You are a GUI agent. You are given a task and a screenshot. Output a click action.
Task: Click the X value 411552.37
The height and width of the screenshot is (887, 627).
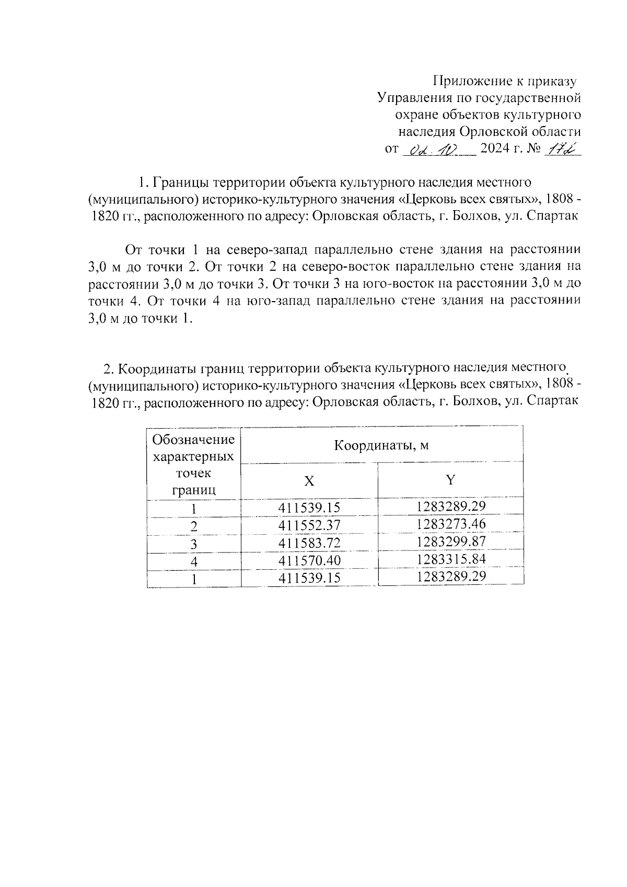tap(309, 525)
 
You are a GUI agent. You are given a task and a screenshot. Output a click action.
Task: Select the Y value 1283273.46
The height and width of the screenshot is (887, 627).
tap(451, 524)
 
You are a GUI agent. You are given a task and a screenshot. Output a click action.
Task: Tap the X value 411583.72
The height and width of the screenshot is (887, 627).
tap(309, 543)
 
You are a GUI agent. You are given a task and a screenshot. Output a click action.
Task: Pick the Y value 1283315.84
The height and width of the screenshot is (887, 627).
tap(451, 559)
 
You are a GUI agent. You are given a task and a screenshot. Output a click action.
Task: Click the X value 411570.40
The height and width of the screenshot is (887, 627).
tap(309, 561)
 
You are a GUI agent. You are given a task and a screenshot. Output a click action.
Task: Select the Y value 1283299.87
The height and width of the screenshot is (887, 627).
tap(451, 542)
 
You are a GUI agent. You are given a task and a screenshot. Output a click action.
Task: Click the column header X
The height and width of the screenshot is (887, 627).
tap(309, 481)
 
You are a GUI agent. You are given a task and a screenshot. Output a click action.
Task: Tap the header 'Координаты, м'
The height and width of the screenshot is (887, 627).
tap(381, 445)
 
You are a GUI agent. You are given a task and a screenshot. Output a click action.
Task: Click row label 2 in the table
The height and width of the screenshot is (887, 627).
tap(194, 526)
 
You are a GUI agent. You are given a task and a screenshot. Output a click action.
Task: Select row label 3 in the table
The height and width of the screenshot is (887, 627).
tap(194, 544)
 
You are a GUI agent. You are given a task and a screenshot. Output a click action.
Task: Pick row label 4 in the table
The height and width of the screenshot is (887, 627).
tap(194, 562)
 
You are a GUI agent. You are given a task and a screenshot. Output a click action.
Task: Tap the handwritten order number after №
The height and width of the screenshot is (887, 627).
tap(562, 150)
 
